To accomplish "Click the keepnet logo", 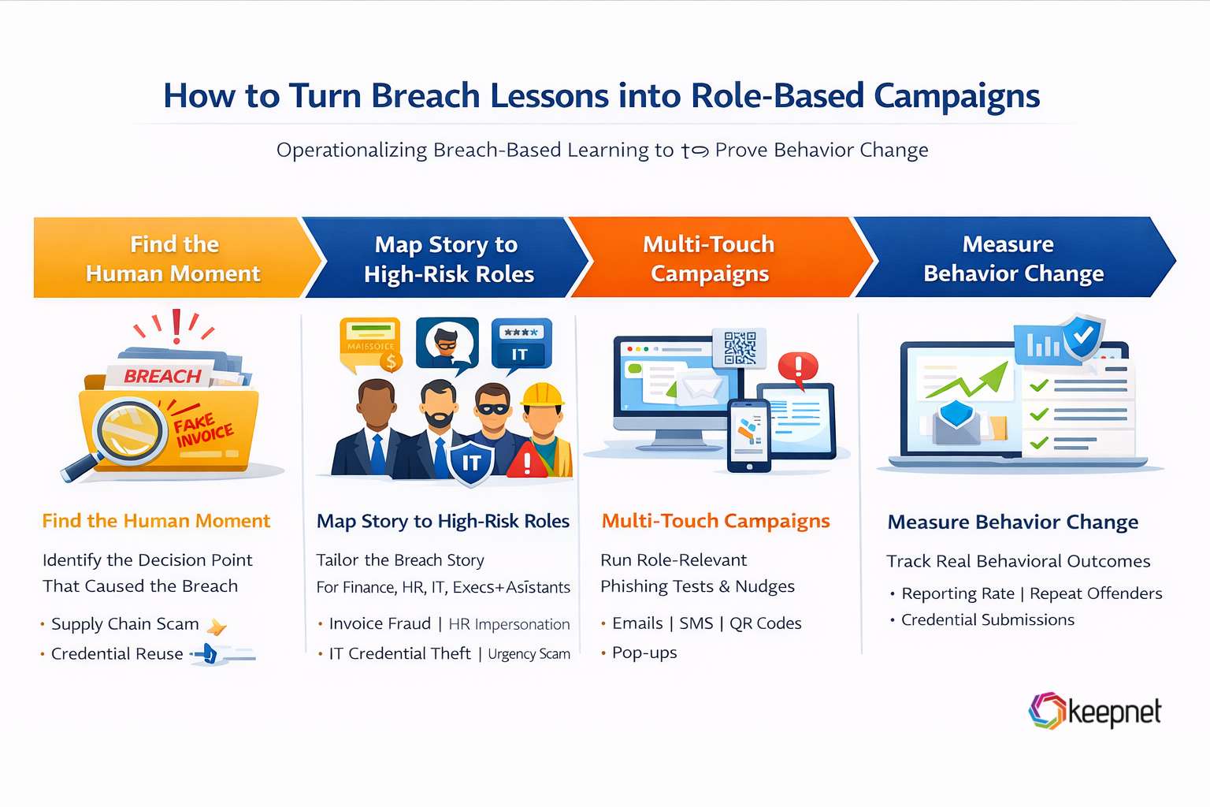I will point(1094,712).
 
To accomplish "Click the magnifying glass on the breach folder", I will point(126,433).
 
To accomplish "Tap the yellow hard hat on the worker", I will point(543,394).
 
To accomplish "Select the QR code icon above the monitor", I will point(740,348).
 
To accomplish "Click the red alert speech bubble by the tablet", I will point(798,367).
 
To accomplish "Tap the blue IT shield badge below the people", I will point(470,463).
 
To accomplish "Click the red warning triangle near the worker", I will point(527,461).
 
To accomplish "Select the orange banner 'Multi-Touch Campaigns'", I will point(709,258).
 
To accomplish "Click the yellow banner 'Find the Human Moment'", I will point(173,258).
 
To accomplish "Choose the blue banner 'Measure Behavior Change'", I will point(1012,258).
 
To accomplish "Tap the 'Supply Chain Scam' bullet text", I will point(124,624).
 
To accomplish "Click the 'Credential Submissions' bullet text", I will point(987,620).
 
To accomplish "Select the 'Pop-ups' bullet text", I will point(644,653).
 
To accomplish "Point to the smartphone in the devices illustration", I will point(748,435).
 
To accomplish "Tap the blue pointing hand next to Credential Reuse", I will point(208,653).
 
